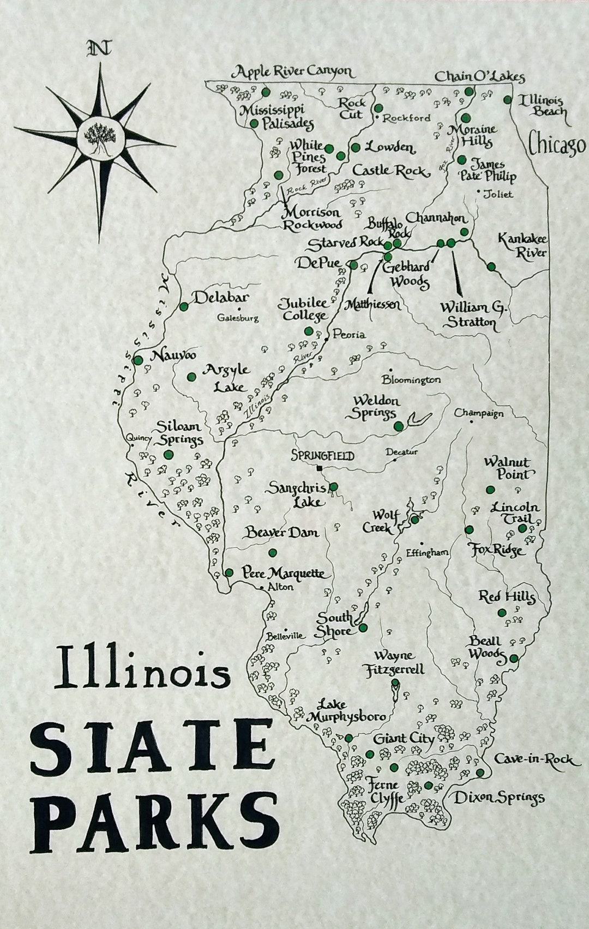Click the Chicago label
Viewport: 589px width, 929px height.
557,145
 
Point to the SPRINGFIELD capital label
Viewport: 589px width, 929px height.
322,456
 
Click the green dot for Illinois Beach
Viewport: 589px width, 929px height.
507,100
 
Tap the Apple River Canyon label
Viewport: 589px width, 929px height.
292,72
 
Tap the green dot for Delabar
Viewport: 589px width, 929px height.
184,307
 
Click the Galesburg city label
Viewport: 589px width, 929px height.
237,318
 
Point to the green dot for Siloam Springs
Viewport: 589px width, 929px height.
168,455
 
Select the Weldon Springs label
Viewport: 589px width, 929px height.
376,407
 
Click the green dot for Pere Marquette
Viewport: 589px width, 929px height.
230,572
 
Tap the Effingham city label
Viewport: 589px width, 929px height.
427,553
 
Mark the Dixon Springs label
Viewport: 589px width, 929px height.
499,798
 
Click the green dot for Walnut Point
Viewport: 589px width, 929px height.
490,490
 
